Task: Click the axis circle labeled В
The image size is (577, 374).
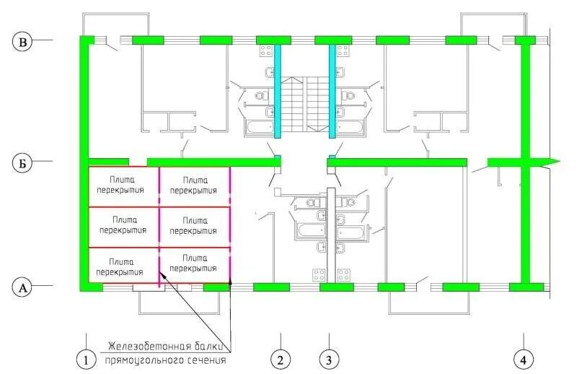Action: click(x=24, y=43)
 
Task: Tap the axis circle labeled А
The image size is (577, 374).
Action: click(x=24, y=287)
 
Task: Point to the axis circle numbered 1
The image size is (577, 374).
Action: click(x=87, y=359)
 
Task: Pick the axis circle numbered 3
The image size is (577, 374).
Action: click(x=329, y=359)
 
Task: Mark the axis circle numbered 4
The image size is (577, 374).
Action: click(x=524, y=359)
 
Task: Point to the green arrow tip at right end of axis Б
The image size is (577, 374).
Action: click(x=554, y=160)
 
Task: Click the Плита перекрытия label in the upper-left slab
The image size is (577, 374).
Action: click(x=123, y=186)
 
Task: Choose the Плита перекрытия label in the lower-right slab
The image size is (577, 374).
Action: click(x=193, y=264)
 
